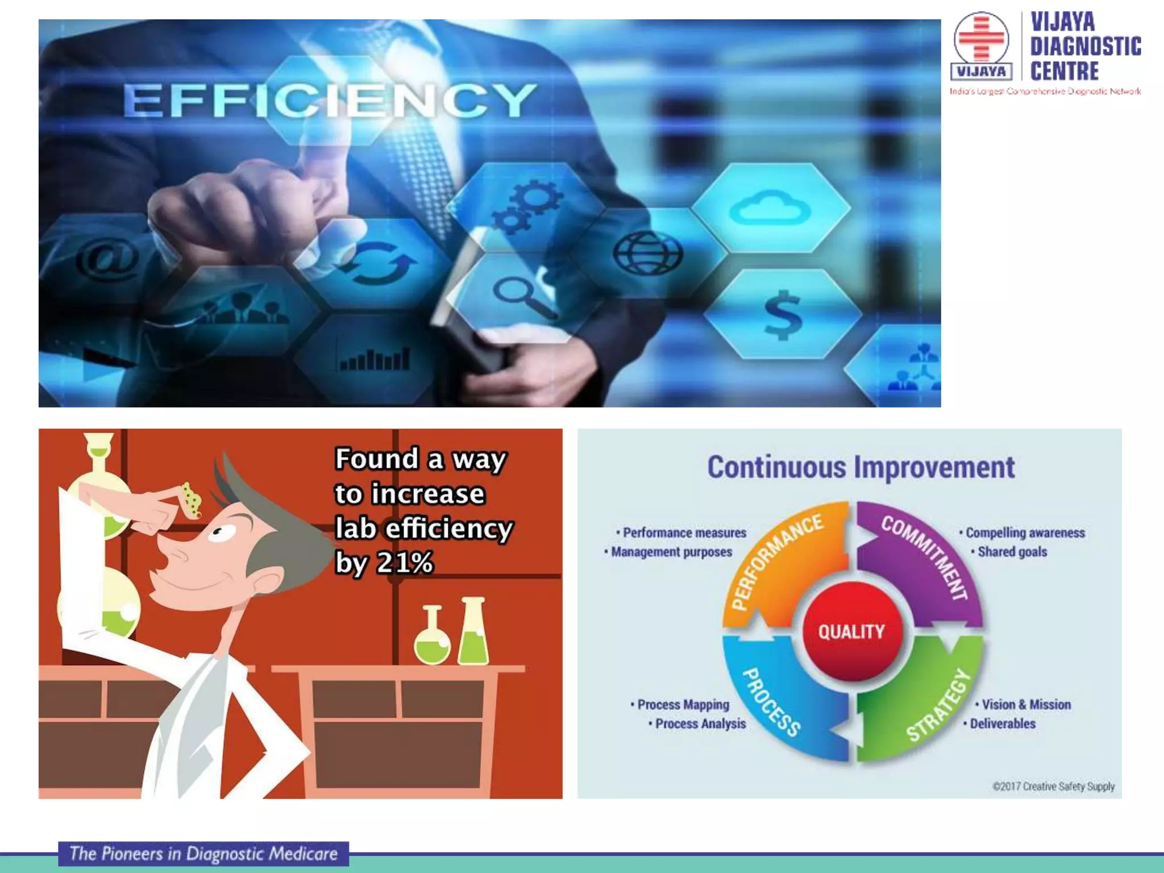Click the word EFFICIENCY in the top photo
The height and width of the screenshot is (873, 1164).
[x=330, y=100]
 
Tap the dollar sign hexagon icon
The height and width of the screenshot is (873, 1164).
[x=783, y=314]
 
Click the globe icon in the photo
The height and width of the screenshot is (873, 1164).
[x=647, y=252]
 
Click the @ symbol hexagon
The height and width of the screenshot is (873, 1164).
[x=108, y=259]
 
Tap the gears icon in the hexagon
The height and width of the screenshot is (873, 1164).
[x=526, y=208]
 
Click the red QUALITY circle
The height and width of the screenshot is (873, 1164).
[x=851, y=631]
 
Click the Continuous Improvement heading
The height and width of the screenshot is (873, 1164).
[x=860, y=467]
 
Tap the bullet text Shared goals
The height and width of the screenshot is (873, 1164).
[x=1012, y=552]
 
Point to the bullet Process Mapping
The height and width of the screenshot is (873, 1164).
[x=682, y=705]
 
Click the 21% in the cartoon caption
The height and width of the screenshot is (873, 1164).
[x=405, y=563]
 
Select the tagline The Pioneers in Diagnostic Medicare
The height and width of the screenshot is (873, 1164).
[x=203, y=854]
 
